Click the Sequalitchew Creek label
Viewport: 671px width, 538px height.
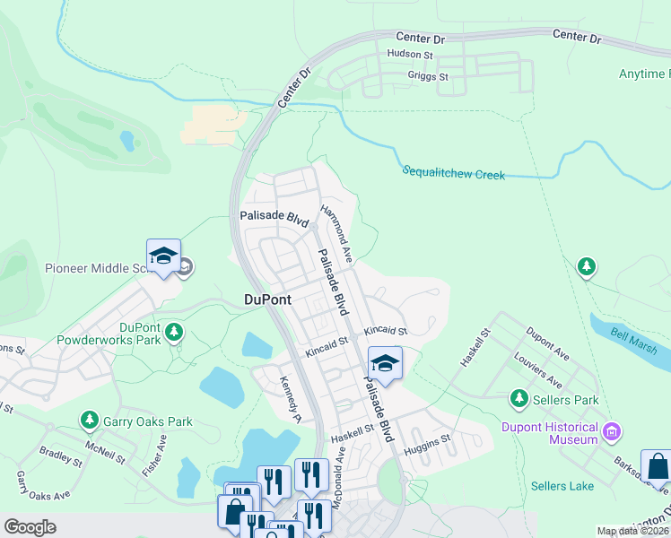click(454, 172)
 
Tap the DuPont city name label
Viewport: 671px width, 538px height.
click(267, 300)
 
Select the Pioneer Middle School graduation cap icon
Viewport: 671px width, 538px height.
click(164, 256)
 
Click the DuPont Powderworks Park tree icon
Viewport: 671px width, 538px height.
click(174, 334)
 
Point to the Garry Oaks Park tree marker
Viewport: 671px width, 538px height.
click(89, 420)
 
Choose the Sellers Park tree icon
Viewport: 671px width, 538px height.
click(518, 397)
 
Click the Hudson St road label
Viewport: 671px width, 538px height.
click(410, 54)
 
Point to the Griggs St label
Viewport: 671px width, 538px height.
click(427, 76)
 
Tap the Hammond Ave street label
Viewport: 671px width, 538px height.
click(337, 233)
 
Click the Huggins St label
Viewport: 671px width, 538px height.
click(426, 443)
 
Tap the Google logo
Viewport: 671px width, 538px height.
click(30, 527)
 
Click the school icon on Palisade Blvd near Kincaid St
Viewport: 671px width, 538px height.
click(385, 363)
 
